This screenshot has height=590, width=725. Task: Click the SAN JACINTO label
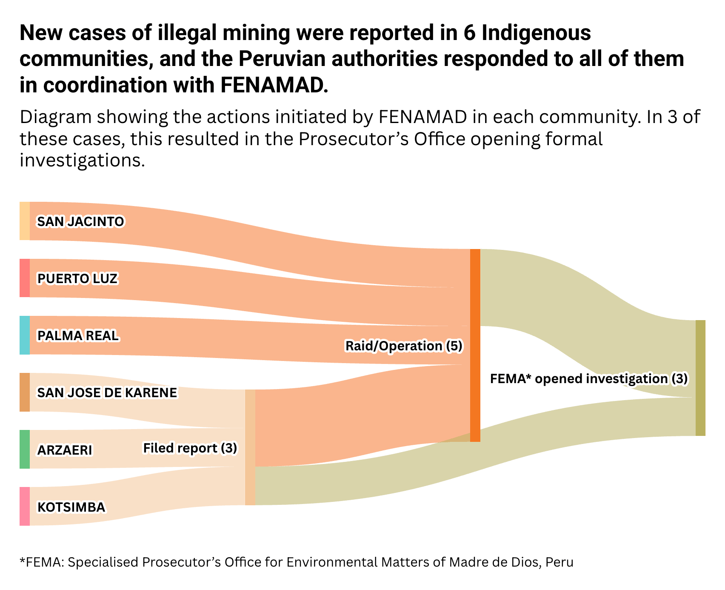tap(80, 221)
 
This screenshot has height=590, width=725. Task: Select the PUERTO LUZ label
tap(77, 278)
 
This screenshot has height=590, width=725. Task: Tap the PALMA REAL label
tap(78, 335)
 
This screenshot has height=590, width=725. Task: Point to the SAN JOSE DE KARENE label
tap(107, 392)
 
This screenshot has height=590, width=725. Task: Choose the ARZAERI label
tap(65, 450)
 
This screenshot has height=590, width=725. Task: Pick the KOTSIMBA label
tap(71, 507)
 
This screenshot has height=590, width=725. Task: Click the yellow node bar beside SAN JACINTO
tap(25, 221)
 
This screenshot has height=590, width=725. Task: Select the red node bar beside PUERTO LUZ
tap(25, 278)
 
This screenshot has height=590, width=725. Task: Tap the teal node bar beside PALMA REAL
tap(25, 335)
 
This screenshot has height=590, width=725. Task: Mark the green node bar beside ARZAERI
tap(25, 449)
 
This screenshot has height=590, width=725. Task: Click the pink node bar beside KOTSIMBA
tap(25, 506)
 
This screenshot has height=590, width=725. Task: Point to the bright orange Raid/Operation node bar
tap(475, 345)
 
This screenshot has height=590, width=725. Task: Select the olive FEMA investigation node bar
tap(700, 378)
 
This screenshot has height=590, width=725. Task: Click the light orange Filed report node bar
tap(250, 447)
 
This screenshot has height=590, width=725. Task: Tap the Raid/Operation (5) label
tap(403, 346)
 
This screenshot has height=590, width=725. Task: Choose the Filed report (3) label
tap(190, 448)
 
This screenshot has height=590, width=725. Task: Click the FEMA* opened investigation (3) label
tap(588, 378)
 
